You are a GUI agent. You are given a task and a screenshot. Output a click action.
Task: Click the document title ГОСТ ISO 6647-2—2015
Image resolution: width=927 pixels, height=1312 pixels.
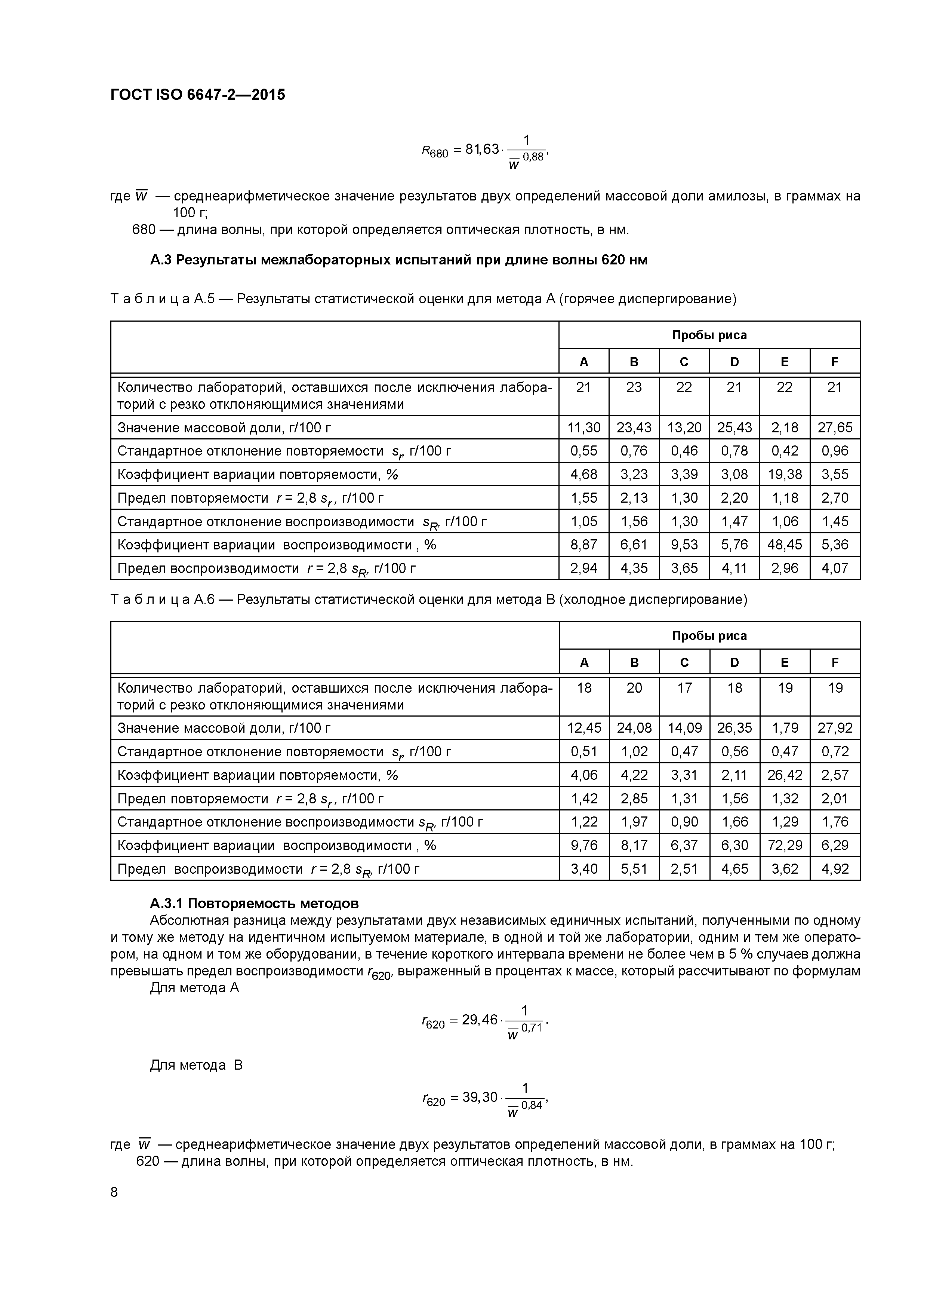click(x=198, y=94)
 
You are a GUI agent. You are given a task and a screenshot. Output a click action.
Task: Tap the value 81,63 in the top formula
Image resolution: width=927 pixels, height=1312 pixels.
click(x=482, y=149)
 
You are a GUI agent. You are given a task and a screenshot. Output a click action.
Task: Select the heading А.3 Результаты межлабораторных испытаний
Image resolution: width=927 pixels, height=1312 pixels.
click(x=399, y=260)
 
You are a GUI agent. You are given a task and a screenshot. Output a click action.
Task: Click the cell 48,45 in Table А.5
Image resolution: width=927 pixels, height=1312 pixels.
click(x=784, y=545)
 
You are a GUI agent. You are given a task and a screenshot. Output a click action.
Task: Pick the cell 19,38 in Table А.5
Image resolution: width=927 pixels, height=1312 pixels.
click(x=784, y=474)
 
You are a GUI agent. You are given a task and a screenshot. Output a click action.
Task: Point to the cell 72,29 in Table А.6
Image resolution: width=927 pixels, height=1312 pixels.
click(x=784, y=845)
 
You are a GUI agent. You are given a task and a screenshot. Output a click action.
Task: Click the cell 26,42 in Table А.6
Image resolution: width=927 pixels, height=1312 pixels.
click(x=784, y=775)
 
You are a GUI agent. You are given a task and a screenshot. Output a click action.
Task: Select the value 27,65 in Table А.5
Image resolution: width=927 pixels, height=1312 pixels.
click(x=834, y=427)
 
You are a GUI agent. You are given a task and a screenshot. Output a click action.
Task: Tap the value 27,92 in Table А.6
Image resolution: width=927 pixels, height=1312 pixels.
click(x=834, y=728)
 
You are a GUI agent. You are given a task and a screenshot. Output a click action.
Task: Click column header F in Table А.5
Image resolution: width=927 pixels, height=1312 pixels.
click(x=834, y=362)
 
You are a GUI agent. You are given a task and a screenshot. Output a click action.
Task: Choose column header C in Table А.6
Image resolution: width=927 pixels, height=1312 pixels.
click(x=684, y=662)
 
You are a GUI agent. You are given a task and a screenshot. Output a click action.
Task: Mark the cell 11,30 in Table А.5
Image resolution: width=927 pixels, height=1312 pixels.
click(x=584, y=427)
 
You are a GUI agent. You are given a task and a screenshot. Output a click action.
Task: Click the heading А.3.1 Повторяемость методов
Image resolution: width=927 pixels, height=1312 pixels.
click(x=254, y=904)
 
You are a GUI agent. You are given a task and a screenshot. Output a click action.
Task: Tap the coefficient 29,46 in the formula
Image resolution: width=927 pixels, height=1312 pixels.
click(x=480, y=1020)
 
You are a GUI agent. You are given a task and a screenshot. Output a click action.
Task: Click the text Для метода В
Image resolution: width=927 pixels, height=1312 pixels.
click(x=196, y=1065)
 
